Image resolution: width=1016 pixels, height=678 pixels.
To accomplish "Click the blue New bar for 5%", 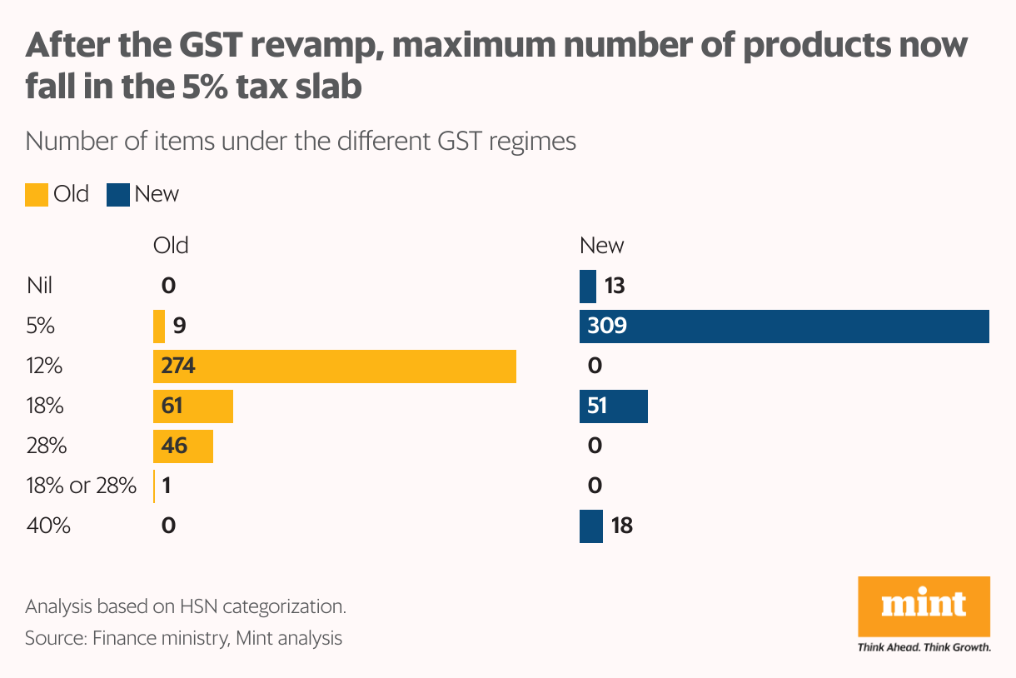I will tap(784, 327).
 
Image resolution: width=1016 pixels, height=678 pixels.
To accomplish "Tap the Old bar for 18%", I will tap(193, 406).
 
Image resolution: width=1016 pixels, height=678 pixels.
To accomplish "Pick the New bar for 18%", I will tap(614, 406).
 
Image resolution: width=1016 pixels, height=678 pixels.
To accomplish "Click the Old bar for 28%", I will tap(183, 446).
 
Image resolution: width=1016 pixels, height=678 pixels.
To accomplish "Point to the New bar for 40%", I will tap(591, 526).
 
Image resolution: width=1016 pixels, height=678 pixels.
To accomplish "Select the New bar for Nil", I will tap(588, 287).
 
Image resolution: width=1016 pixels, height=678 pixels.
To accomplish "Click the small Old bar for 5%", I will tap(159, 327).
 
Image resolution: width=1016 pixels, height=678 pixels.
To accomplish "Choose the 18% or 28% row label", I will tap(81, 486).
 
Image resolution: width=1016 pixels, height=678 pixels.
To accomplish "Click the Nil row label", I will tap(39, 287).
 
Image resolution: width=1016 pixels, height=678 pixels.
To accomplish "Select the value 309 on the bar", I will tap(606, 327).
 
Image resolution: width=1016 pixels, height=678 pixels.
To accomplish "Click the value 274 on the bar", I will tap(178, 366).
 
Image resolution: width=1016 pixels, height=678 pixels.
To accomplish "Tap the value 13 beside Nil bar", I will tap(615, 287).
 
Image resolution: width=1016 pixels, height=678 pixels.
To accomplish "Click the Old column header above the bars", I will tap(171, 246).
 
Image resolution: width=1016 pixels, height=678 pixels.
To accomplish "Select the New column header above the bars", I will tap(601, 246).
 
